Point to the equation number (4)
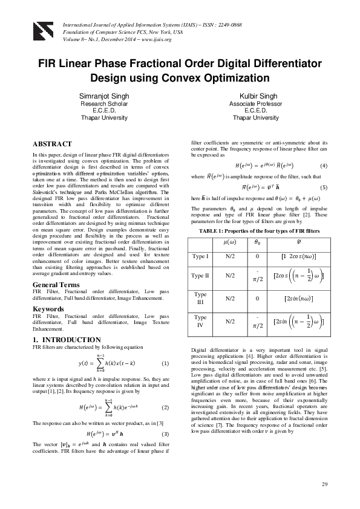[x=324, y=166]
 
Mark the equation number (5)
[x=324, y=187]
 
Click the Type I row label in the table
[x=200, y=257]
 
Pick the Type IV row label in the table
[x=200, y=321]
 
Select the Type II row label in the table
[x=200, y=276]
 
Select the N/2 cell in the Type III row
[x=231, y=298]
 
